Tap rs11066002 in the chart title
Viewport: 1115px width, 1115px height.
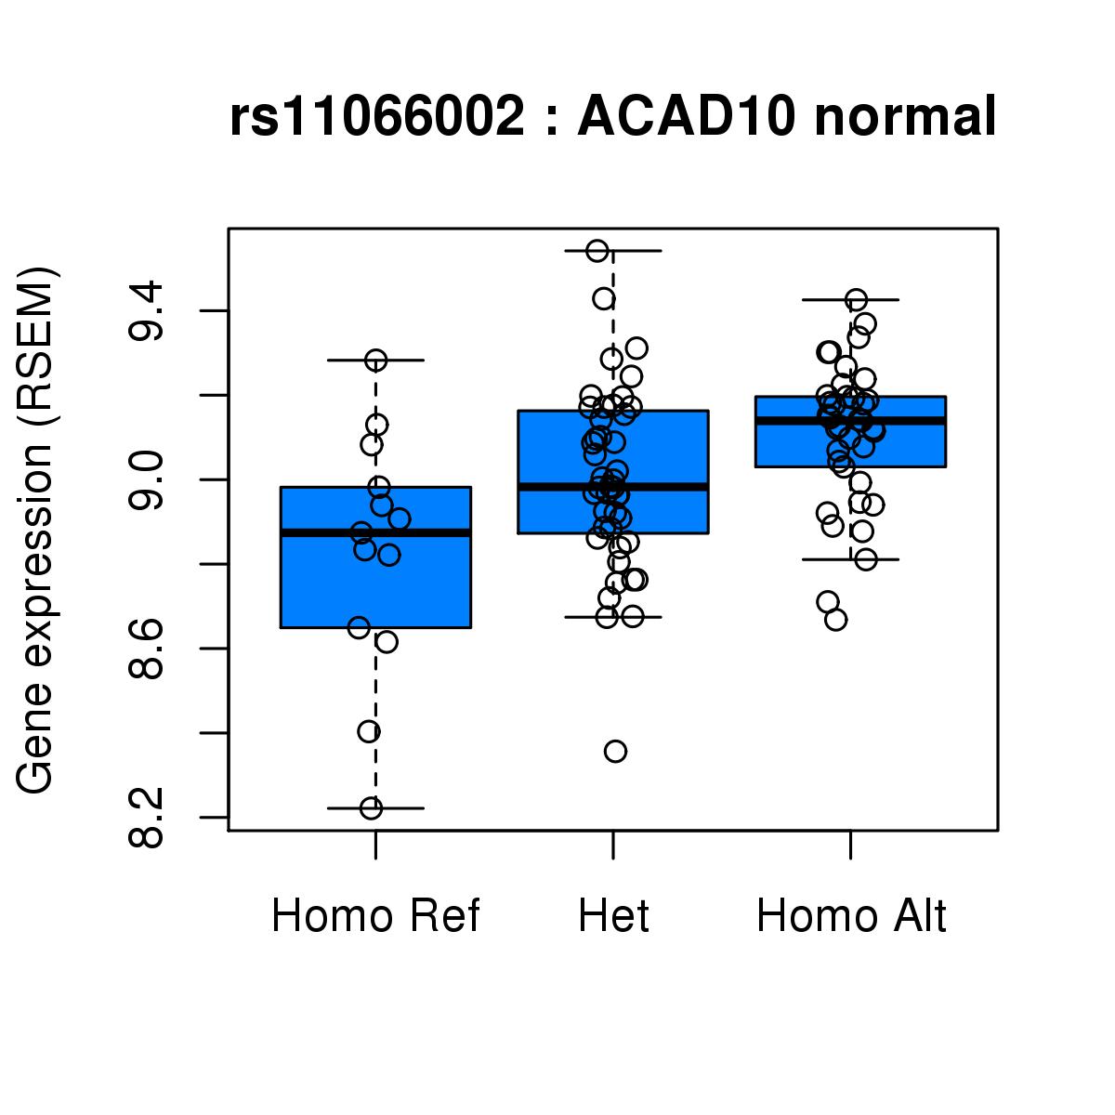377,118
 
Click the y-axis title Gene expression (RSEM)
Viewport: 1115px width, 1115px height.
37,530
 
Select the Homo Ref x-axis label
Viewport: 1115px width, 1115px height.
375,916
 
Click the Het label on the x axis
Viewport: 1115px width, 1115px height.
613,916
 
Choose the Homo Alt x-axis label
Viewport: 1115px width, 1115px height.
851,916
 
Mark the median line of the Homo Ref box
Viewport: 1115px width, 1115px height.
375,532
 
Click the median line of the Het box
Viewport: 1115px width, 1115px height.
613,486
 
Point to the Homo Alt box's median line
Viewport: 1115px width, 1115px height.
851,421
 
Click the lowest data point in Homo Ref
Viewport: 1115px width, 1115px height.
371,808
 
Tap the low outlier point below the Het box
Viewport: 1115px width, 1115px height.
615,751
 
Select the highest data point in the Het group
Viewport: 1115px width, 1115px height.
597,251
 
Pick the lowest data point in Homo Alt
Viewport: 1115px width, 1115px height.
835,620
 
